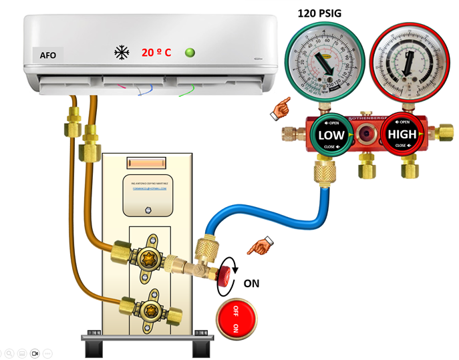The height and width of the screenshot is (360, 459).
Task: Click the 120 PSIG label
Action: click(325, 13)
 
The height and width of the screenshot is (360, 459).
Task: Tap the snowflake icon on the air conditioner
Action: click(122, 52)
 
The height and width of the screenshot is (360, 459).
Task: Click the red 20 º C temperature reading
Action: click(156, 52)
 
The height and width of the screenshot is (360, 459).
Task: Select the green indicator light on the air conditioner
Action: click(190, 52)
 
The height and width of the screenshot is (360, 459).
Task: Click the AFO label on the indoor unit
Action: click(48, 56)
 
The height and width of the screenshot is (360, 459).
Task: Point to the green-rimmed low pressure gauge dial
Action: click(324, 59)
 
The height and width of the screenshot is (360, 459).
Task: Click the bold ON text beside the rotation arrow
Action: click(251, 283)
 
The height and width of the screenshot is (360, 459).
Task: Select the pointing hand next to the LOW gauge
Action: click(280, 109)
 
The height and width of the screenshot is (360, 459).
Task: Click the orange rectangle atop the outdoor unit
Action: click(146, 163)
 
